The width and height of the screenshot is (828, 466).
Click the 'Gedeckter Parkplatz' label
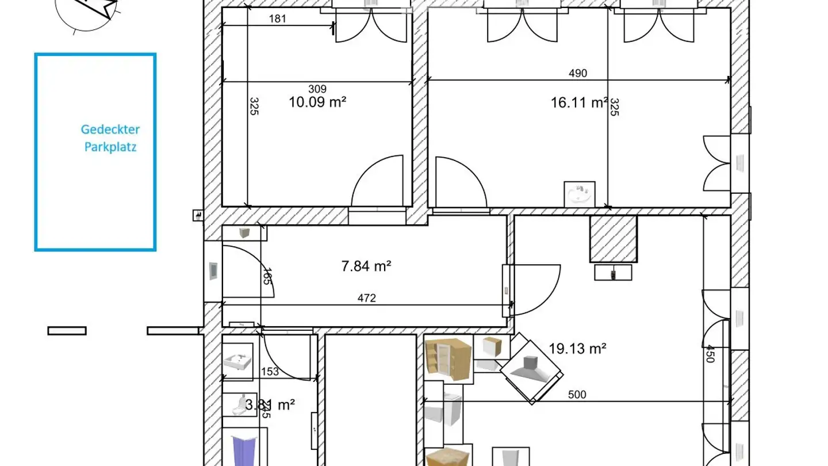pos(110,138)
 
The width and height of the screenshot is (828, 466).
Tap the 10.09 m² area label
pos(317,102)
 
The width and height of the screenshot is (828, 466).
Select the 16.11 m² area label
pos(579,102)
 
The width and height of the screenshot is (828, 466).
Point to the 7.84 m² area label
pos(366,266)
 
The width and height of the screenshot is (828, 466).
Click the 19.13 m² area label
pos(578,348)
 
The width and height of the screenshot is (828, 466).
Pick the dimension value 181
pos(277,18)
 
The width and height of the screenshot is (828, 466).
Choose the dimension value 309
pos(317,89)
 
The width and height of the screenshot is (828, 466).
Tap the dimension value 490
pos(578,73)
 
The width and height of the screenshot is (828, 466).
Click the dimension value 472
pos(366,298)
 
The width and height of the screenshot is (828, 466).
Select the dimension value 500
pos(577,395)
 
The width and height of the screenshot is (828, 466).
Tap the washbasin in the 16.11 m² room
pos(580,194)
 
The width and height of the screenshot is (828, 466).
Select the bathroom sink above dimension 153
pos(237,362)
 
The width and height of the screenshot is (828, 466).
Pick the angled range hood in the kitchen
pos(530,368)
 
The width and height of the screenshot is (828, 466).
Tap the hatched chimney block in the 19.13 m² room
pos(613,238)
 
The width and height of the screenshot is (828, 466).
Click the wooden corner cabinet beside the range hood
pos(448,358)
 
